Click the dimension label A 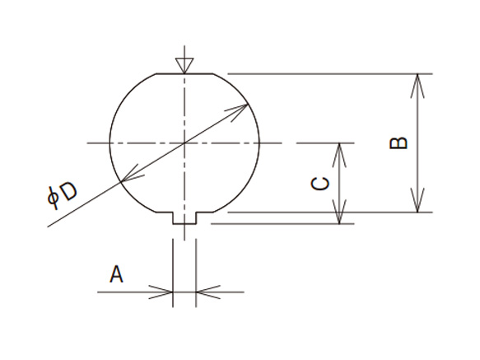point(117,274)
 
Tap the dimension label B point(398,143)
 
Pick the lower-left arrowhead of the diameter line point(128,177)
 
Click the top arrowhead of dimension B point(421,82)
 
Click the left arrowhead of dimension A point(165,291)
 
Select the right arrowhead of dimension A point(205,291)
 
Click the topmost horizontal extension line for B point(329,74)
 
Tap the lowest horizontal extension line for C point(288,222)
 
